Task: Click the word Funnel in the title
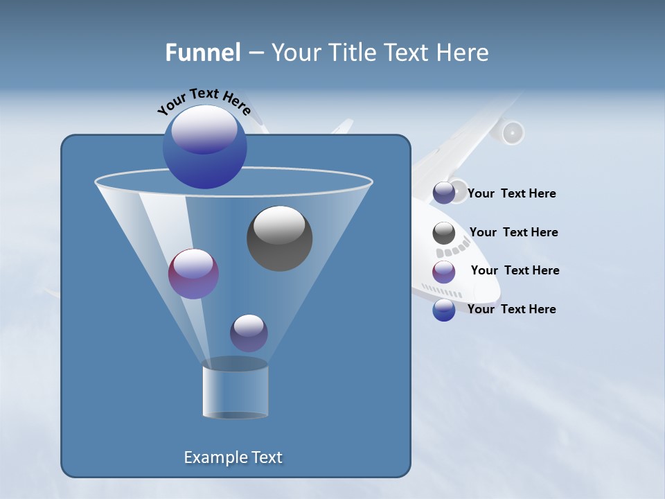point(202,53)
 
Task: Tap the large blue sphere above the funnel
point(205,147)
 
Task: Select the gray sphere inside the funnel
point(280,238)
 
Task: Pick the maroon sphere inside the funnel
point(193,274)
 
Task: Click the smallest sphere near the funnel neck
point(249,333)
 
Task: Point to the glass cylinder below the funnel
point(235,392)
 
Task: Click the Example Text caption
point(233,457)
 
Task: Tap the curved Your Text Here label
point(203,100)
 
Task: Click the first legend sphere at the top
point(444,193)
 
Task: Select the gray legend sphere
point(444,233)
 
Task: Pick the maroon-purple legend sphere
point(444,271)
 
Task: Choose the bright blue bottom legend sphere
point(444,310)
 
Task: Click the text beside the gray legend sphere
point(513,232)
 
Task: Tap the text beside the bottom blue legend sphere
point(511,309)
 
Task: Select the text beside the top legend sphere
point(511,194)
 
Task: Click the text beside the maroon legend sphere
point(515,270)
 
